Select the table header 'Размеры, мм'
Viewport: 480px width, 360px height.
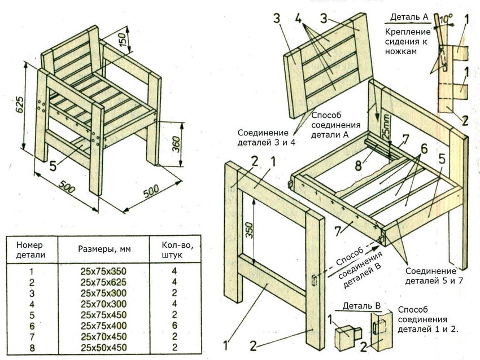coord(104,249)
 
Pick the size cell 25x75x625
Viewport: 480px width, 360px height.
coord(104,282)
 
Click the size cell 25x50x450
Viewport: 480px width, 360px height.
coord(104,348)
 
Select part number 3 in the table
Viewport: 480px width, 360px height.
coord(31,293)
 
